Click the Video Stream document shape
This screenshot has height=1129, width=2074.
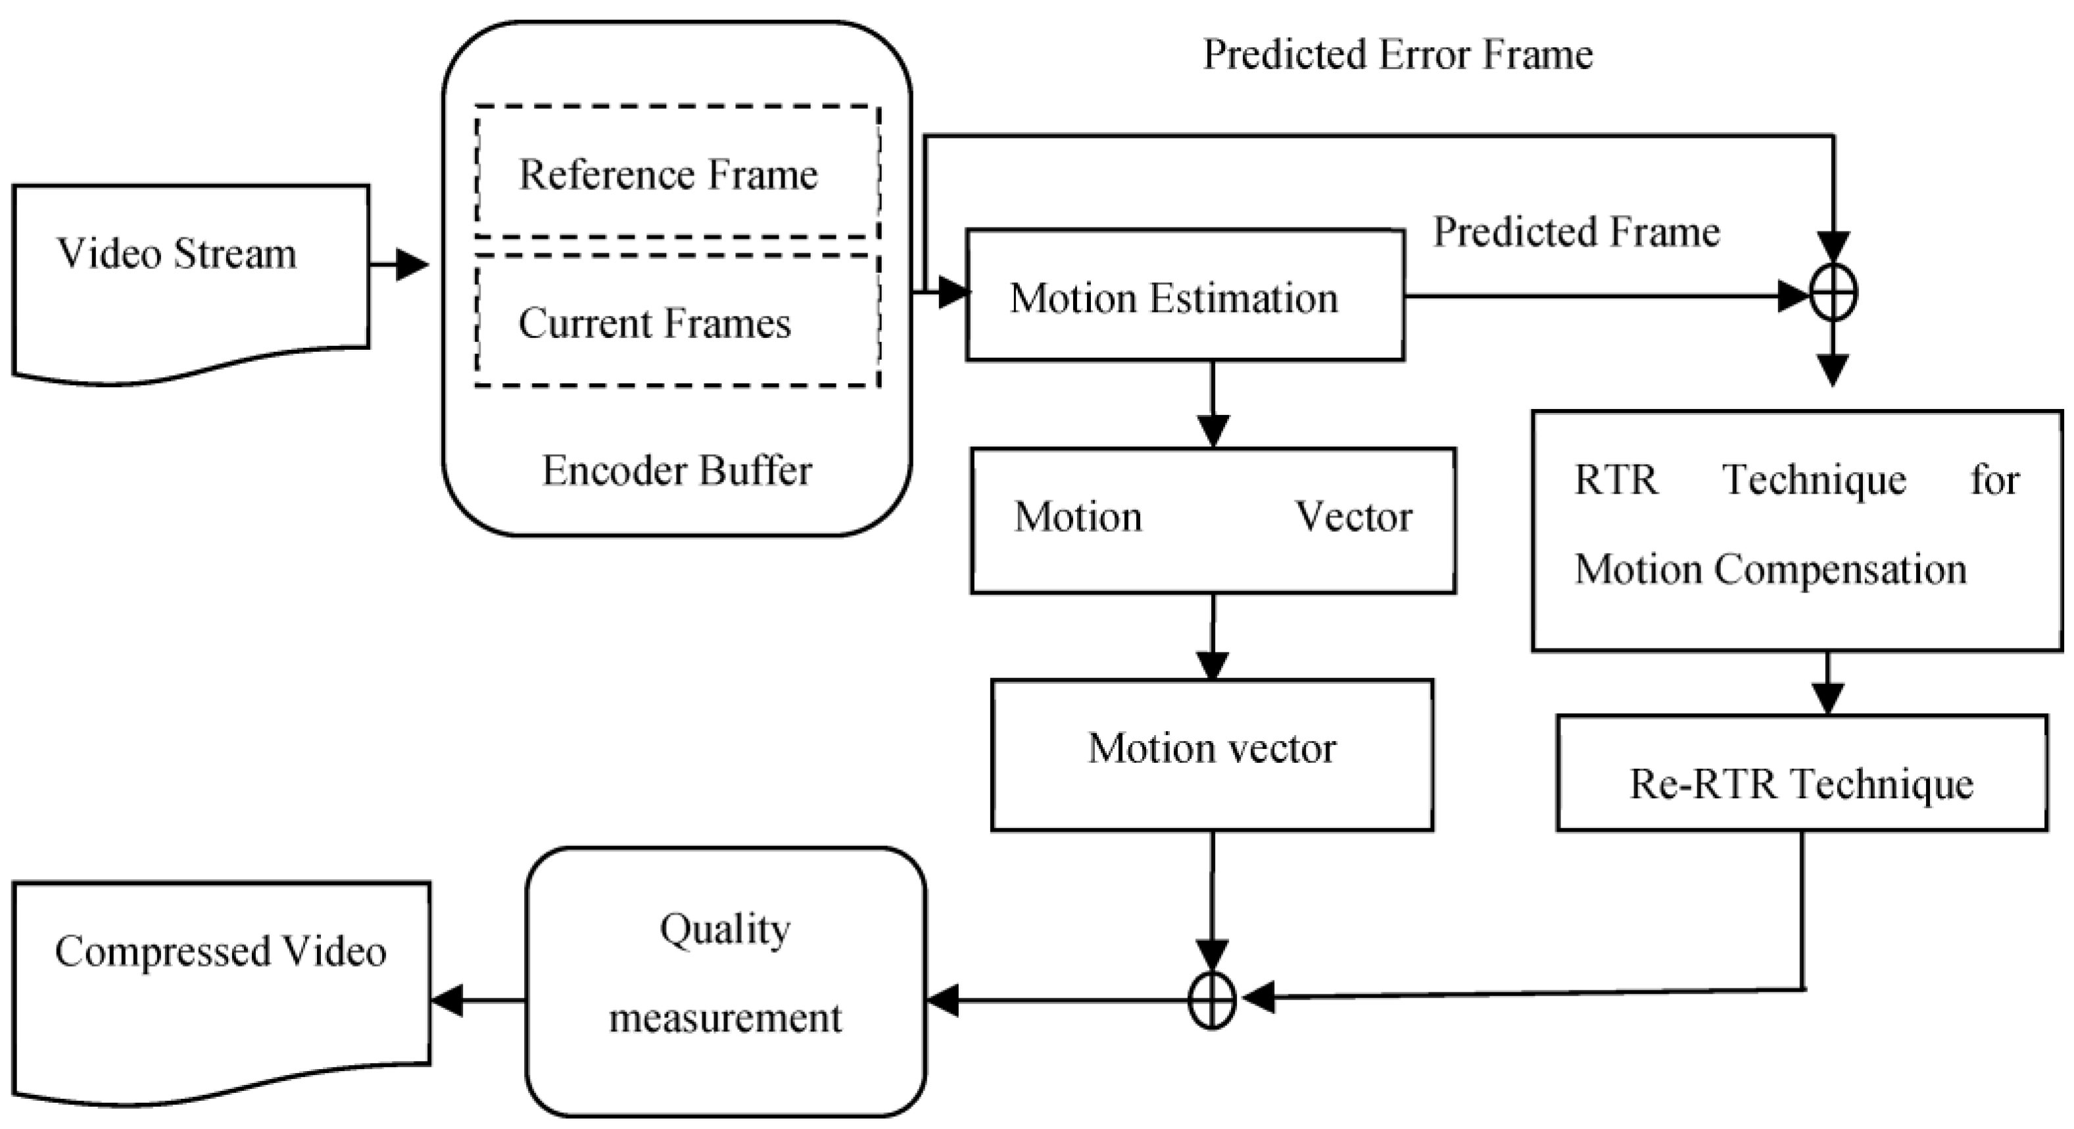[191, 274]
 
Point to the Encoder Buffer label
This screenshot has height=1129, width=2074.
[676, 470]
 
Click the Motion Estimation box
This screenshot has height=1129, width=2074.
[1184, 295]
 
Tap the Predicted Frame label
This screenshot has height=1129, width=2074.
[1576, 232]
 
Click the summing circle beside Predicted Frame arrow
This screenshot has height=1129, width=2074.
[1833, 294]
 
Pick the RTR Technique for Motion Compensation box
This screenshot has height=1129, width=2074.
[1797, 531]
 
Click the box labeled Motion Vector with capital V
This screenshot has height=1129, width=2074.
[1213, 520]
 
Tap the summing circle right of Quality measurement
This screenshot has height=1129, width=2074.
[1212, 1000]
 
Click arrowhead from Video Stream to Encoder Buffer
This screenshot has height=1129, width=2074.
[412, 264]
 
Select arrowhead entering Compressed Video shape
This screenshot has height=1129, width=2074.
[447, 1001]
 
